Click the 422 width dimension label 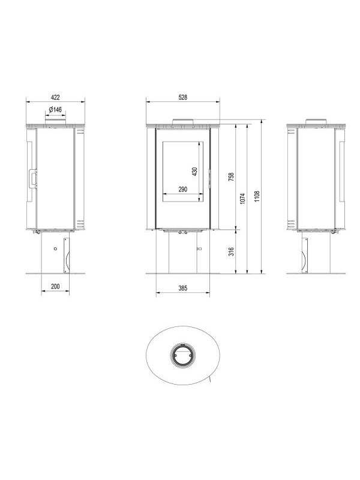pos(55,97)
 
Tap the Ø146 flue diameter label pos(55,109)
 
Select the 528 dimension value pos(183,97)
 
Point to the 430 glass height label pos(194,172)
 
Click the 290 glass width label pos(183,190)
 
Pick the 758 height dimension pos(232,176)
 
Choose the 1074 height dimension pos(242,199)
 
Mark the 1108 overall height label pos(257,196)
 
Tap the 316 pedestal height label pos(232,251)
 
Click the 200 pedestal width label pos(55,287)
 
